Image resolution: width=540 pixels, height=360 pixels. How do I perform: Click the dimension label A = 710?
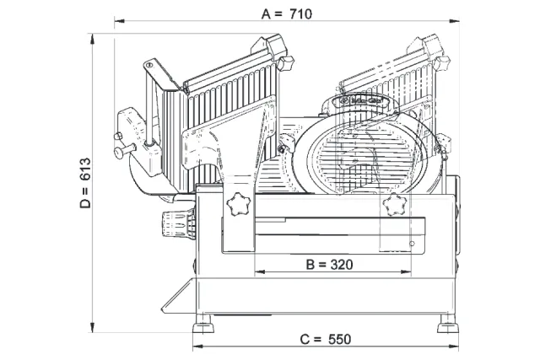287,14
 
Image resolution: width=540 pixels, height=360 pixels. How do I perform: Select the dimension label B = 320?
330,265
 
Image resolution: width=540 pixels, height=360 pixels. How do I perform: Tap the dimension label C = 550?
326,339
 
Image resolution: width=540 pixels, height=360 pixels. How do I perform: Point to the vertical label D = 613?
85,183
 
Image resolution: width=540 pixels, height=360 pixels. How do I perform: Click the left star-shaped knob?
238,204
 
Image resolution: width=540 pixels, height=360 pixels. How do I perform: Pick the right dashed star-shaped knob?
395,204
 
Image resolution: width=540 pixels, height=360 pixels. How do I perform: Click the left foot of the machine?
203,325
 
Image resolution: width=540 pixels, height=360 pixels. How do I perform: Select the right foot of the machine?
448,325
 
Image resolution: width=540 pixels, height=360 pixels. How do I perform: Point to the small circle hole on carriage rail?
412,244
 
